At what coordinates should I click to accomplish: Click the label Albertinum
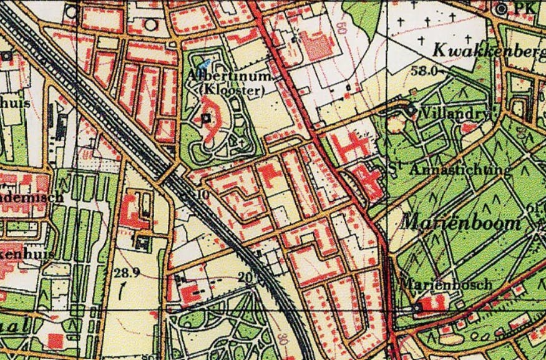pyautogui.click(x=230, y=76)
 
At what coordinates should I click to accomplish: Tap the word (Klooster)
pyautogui.click(x=231, y=90)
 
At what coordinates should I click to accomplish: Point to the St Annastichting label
pyautogui.click(x=449, y=169)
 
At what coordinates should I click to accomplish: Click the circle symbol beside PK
pyautogui.click(x=503, y=9)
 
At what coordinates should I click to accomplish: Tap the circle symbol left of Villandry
pyautogui.click(x=410, y=110)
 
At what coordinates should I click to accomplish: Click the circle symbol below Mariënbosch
pyautogui.click(x=417, y=308)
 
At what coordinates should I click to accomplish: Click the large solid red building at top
pyautogui.click(x=319, y=46)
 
